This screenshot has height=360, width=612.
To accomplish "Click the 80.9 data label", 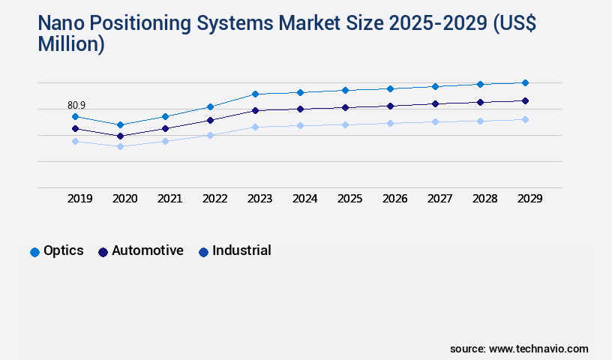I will (x=76, y=106).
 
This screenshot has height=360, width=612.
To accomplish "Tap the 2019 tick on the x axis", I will (x=79, y=199).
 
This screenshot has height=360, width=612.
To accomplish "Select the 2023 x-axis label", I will (x=259, y=199).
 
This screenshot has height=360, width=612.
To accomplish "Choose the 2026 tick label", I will (x=394, y=199).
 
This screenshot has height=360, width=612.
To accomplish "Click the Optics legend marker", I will (x=34, y=252).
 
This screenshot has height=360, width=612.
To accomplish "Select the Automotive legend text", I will (x=147, y=250).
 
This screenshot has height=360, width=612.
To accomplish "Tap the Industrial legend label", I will (x=241, y=250).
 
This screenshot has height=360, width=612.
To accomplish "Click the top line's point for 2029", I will (x=525, y=82).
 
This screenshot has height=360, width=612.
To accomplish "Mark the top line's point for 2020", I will (x=120, y=124).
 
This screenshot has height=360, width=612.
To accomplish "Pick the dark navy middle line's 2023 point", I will (x=255, y=110).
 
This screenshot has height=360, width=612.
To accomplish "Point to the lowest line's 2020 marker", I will (x=120, y=146).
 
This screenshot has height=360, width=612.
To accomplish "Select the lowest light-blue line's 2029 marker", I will (x=525, y=119).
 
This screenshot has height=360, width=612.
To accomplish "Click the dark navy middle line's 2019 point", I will (x=75, y=128).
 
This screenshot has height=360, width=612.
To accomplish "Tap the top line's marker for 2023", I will (x=255, y=94).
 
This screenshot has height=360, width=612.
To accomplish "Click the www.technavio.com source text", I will (x=538, y=349).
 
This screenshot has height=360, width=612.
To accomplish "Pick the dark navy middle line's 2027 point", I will (x=435, y=103).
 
